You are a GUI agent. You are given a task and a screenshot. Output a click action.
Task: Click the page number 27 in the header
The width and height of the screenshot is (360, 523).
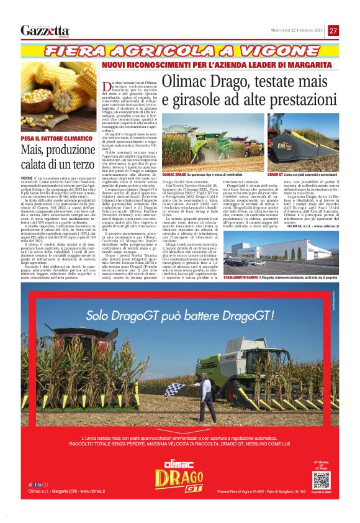(333, 30)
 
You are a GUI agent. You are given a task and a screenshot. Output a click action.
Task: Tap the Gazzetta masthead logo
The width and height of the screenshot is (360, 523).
(45, 30)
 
